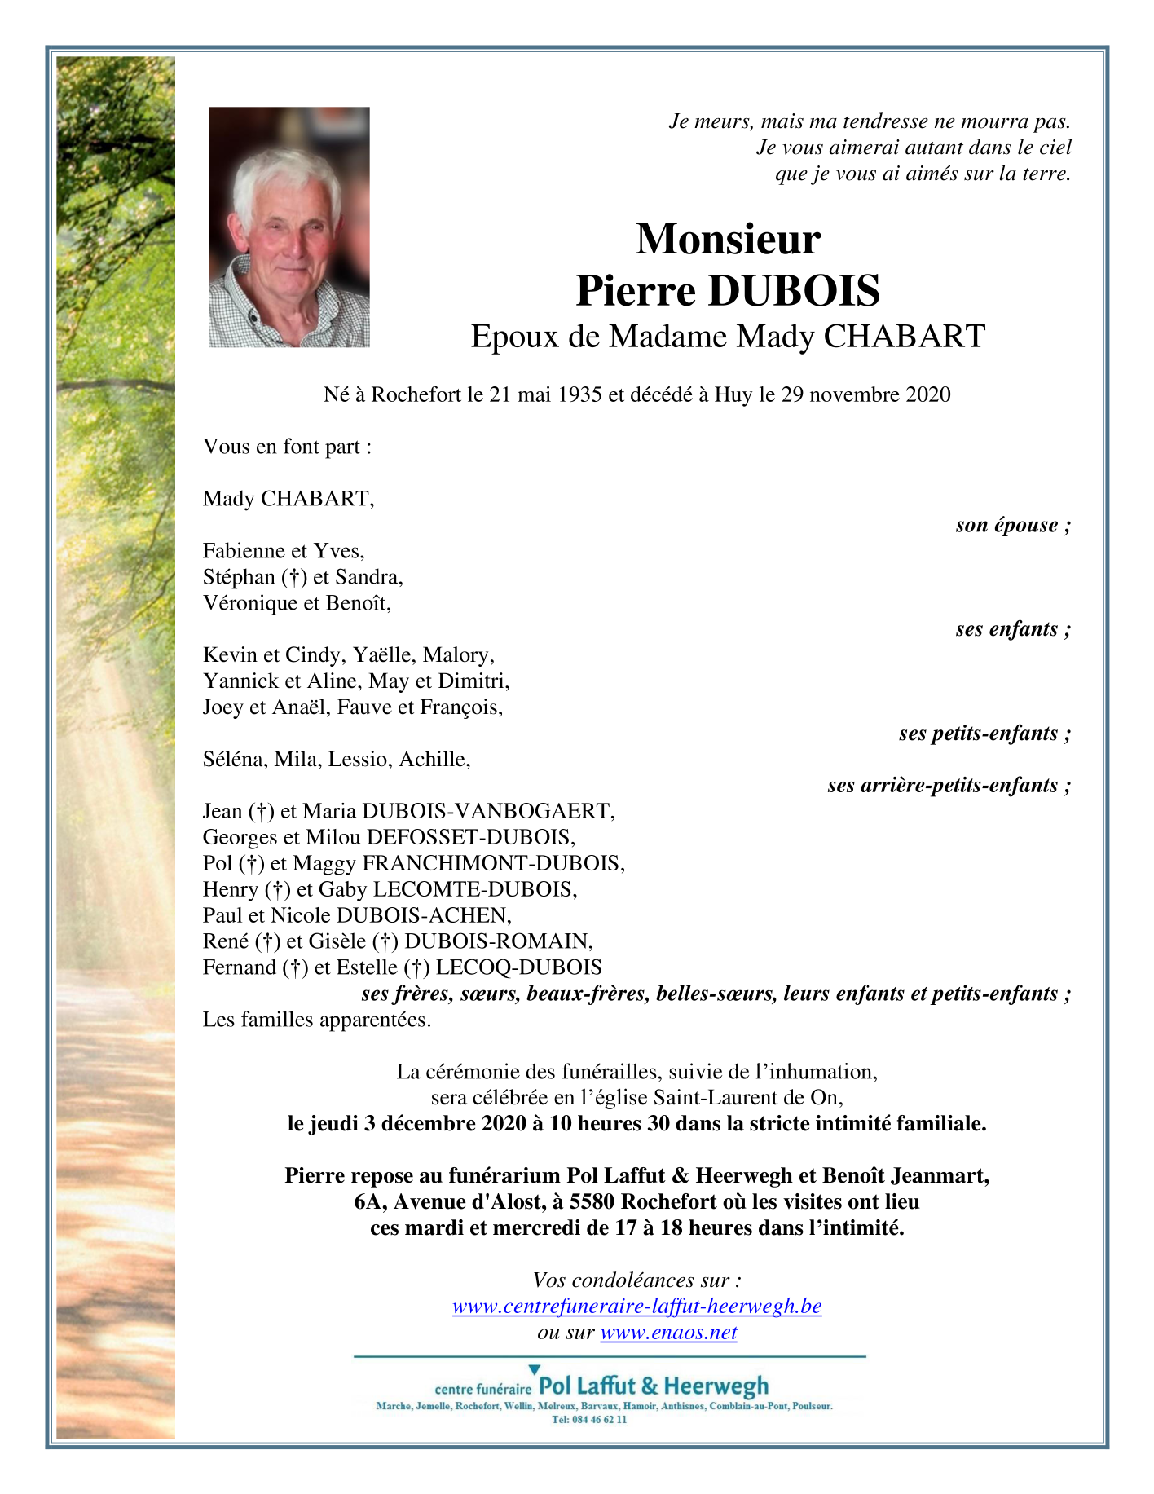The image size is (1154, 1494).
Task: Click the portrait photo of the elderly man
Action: [289, 227]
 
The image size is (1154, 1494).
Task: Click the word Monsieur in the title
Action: [728, 239]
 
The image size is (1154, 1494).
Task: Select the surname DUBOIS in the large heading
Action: [794, 291]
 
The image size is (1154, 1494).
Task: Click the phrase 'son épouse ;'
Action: [1012, 525]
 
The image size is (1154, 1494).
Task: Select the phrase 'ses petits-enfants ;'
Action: [984, 734]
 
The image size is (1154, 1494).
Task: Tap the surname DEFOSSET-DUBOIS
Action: [470, 837]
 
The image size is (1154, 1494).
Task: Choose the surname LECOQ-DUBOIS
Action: [519, 967]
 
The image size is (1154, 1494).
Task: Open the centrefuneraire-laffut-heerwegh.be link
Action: [636, 1307]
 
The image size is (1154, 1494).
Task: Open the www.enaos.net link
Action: [668, 1333]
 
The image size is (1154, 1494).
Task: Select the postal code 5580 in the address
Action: [592, 1202]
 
